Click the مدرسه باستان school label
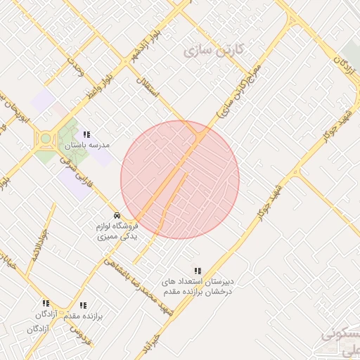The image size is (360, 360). [x=88, y=145]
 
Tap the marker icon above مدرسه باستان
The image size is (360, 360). [x=87, y=134]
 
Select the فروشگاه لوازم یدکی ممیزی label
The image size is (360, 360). [x=117, y=232]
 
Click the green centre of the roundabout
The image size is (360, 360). [x=46, y=139]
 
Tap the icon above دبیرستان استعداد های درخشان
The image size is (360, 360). [x=198, y=271]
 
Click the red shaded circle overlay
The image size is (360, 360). [x=180, y=179]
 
